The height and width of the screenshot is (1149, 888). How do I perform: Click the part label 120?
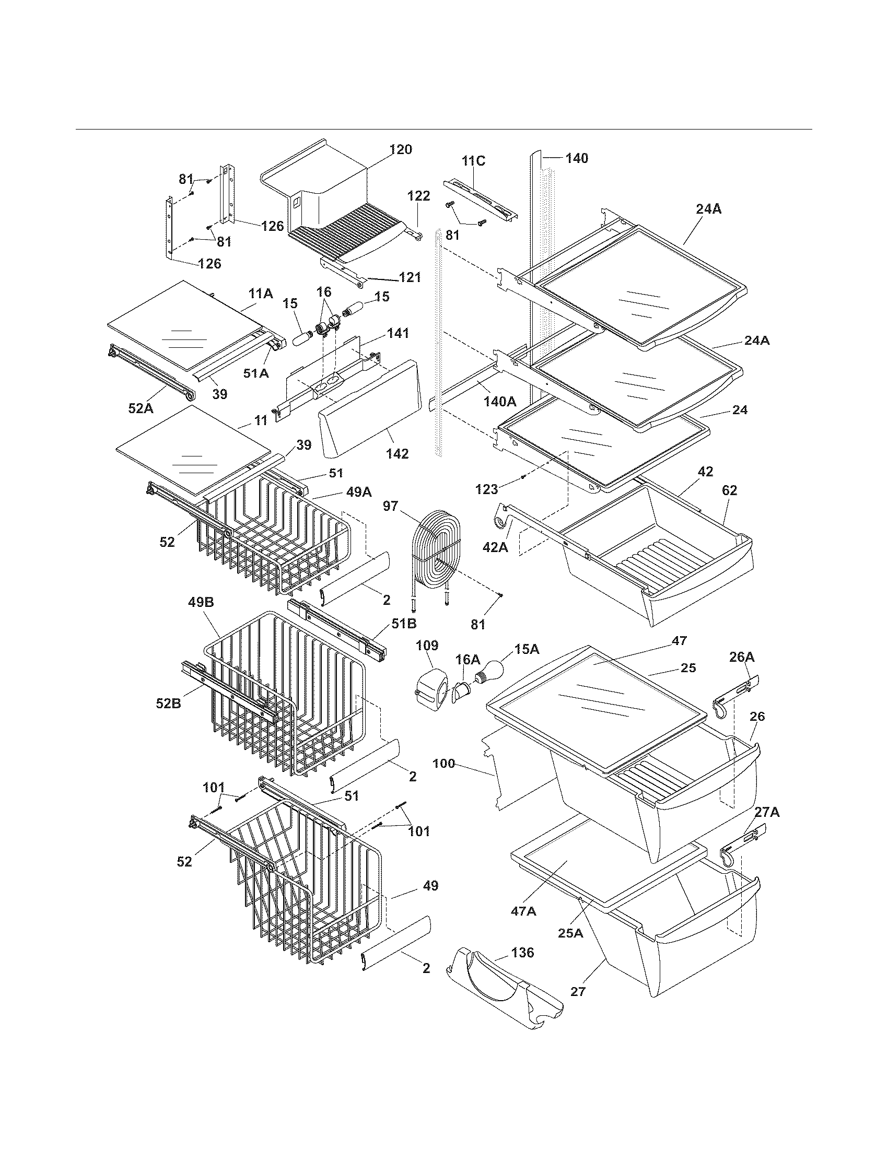point(400,149)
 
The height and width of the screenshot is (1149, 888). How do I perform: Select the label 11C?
point(473,161)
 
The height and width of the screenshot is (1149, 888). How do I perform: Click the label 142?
point(397,453)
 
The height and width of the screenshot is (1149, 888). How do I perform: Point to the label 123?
point(486,489)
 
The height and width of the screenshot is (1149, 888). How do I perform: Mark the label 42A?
point(495,548)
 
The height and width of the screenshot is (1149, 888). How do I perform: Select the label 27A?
point(767,813)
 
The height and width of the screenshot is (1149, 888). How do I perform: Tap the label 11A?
point(261,294)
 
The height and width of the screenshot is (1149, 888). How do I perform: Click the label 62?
point(729,490)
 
